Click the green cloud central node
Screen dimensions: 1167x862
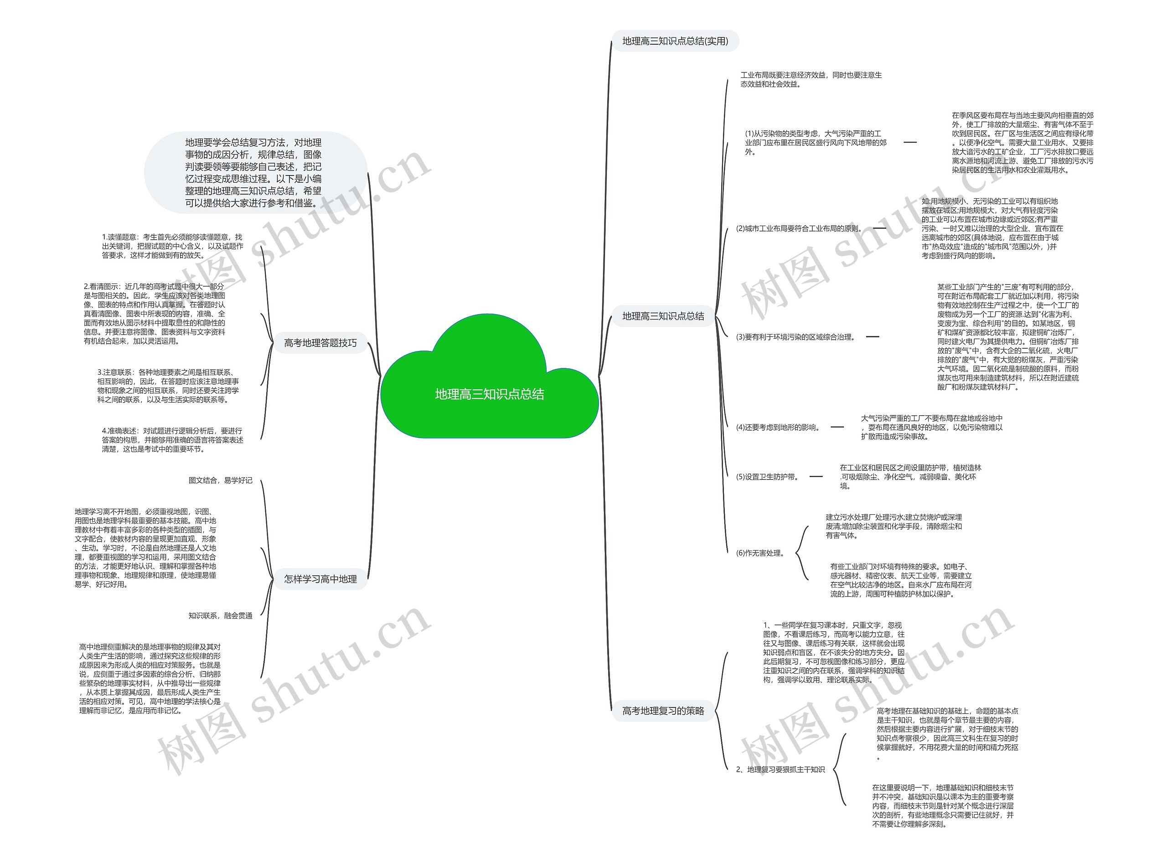coord(489,394)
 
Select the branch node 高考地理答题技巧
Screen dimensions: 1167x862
coord(320,343)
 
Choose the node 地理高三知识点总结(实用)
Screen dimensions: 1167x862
coord(675,41)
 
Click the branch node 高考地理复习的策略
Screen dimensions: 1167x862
coord(663,710)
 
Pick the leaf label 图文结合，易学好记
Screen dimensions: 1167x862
coord(220,480)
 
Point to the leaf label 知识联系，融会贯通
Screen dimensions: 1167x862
coord(220,616)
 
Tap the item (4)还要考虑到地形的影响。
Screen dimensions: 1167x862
coord(778,427)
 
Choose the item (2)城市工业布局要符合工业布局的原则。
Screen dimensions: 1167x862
coord(799,228)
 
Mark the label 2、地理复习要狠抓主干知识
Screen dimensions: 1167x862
coord(780,769)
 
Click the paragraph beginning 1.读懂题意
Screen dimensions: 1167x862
coord(173,246)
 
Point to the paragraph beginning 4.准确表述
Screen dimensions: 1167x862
coord(173,439)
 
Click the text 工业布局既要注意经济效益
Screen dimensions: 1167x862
coord(811,79)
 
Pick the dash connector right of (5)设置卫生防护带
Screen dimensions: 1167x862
coord(816,476)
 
